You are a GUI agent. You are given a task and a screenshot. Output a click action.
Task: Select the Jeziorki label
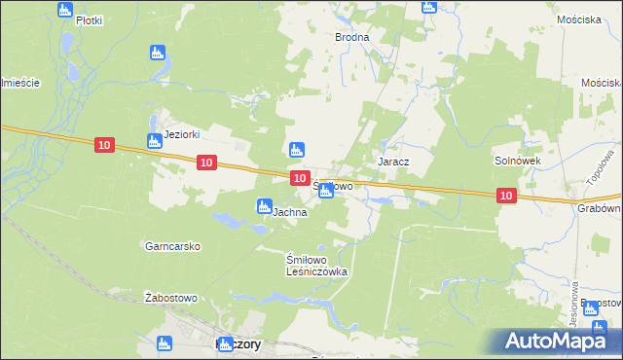(182, 135)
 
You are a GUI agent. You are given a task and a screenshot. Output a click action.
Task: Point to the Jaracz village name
(392, 160)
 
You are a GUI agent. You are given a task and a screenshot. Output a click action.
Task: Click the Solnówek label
(517, 160)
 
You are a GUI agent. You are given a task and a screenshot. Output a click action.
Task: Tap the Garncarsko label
(172, 247)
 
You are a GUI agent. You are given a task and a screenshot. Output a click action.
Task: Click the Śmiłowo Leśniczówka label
(316, 267)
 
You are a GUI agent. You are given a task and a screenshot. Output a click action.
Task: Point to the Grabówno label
(601, 207)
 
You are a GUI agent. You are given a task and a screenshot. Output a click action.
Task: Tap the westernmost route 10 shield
(105, 145)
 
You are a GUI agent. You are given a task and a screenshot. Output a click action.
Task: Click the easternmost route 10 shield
(505, 196)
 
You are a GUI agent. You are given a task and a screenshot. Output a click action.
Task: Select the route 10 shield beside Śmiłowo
(300, 177)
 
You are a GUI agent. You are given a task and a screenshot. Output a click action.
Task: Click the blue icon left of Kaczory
(164, 343)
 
